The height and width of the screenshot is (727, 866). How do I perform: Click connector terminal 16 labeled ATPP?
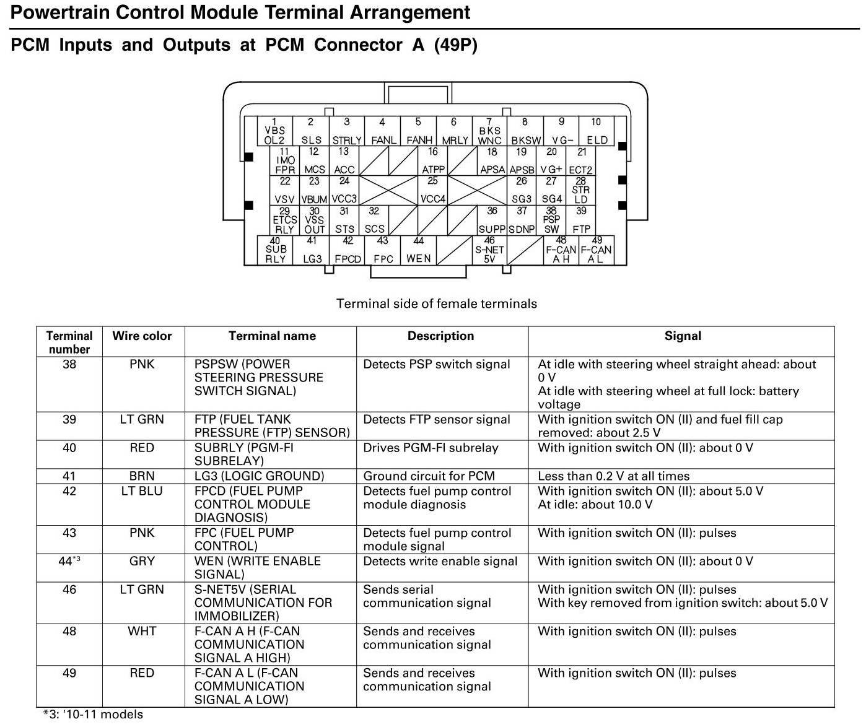point(432,160)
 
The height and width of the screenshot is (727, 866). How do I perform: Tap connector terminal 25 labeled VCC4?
point(432,190)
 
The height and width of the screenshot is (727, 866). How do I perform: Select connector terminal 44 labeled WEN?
point(418,250)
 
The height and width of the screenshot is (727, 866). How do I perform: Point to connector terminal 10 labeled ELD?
point(597,131)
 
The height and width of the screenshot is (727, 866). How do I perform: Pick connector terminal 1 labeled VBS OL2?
point(274,131)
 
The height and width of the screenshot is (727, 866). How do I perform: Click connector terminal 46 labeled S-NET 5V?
point(489,250)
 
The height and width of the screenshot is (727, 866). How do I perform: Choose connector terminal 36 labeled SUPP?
point(492,220)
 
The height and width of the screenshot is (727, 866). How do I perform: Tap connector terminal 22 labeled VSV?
point(284,190)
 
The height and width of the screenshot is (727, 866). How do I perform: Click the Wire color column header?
point(142,336)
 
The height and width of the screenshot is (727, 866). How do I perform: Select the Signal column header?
point(683,336)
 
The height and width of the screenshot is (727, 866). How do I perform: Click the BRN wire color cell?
point(142,476)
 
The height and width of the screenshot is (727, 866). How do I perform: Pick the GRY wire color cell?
point(142,561)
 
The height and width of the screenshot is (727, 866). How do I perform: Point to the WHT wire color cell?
point(142,631)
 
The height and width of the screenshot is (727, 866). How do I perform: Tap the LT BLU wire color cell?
point(142,491)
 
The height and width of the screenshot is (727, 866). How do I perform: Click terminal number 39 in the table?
point(69,419)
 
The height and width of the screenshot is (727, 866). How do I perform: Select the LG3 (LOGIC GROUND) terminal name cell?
point(259,476)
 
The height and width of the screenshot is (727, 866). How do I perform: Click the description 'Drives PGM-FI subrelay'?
point(431,448)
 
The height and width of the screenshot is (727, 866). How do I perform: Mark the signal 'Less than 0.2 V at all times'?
point(613,476)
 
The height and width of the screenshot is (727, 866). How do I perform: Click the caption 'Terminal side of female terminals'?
point(436,303)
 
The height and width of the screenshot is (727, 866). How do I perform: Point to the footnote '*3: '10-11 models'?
point(93,714)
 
